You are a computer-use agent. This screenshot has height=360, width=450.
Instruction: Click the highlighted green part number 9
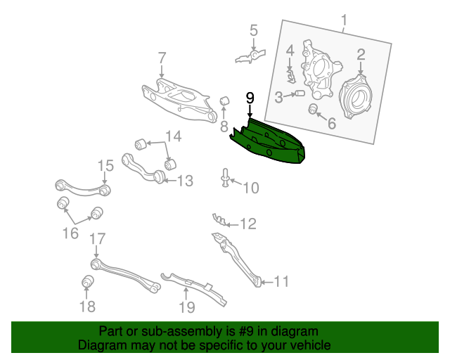coord(271,142)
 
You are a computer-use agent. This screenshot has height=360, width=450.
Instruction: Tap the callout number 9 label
coord(250,98)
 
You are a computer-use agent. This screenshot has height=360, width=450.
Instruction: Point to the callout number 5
coord(253,30)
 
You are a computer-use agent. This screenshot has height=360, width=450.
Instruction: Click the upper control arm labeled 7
coord(176,98)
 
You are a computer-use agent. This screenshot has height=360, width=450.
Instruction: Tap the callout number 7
coord(162,57)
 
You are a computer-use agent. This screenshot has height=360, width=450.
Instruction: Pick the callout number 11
coord(281,282)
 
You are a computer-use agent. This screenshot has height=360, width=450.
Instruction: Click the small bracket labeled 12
coord(220,221)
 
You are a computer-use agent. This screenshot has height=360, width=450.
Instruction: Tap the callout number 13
coord(184,181)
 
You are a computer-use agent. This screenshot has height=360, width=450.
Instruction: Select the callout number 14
coord(173,136)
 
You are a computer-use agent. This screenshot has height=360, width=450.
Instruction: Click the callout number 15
coord(105,166)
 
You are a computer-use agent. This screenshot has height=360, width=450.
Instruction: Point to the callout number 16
coord(70,233)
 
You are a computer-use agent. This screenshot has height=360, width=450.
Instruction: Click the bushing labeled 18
coord(88,283)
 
